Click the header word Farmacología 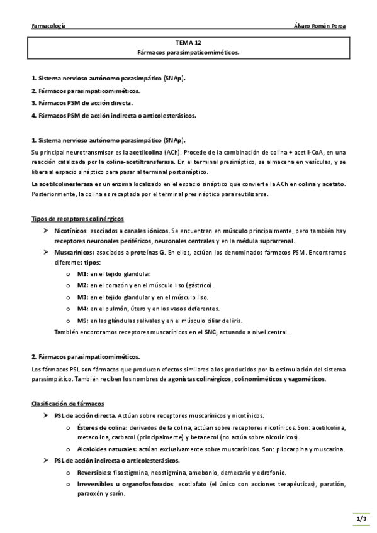[48, 26]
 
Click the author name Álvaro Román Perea [320, 26]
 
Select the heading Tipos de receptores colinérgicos [77, 218]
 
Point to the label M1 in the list [82, 274]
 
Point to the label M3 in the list [82, 297]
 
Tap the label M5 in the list [82, 320]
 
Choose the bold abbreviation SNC [210, 331]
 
